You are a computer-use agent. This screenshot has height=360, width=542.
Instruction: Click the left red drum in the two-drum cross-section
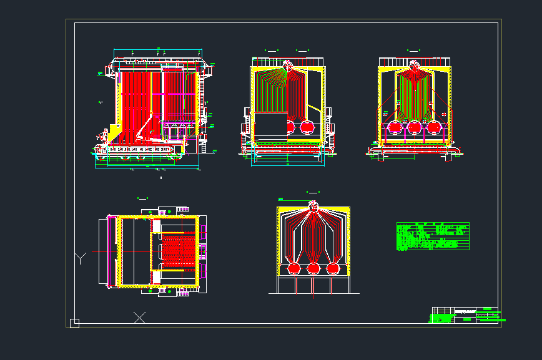coord(291,127)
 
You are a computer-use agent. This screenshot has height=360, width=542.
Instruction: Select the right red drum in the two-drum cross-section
coord(307,127)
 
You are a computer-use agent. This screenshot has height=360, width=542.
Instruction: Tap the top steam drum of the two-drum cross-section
coord(288,66)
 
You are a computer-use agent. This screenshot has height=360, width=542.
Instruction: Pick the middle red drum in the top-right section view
coord(413,127)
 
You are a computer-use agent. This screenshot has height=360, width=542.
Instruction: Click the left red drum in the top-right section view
coord(395,127)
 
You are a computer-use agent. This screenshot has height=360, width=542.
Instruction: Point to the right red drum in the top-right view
coord(433,127)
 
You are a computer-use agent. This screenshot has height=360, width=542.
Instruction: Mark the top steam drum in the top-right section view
coord(413,66)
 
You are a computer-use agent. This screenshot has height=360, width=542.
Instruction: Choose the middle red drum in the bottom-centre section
coord(313,268)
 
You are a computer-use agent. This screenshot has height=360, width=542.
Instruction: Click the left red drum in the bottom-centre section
coord(293,268)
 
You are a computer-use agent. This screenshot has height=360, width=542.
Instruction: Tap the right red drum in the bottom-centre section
coord(333,268)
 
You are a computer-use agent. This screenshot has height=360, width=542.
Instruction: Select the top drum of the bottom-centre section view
coord(313,205)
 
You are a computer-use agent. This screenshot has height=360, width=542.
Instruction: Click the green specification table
coord(433,236)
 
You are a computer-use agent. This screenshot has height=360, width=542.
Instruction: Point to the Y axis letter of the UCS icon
coord(80,258)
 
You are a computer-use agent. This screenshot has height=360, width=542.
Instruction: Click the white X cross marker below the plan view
coord(140,317)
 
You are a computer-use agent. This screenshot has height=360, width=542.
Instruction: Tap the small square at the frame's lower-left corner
coord(74,323)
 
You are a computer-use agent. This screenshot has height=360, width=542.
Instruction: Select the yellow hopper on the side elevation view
coord(115,132)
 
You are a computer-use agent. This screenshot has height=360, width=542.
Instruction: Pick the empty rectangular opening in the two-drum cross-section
coord(269,127)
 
